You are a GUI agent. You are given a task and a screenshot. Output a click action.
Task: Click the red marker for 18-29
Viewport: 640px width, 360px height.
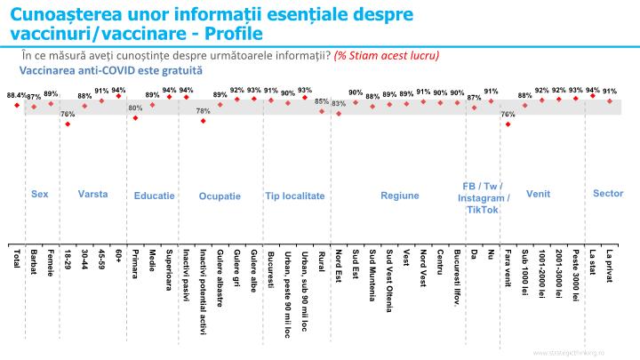68,124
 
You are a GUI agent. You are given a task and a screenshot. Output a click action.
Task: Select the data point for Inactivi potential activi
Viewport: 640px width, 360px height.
203,121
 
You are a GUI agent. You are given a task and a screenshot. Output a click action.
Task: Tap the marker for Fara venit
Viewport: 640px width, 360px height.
508,124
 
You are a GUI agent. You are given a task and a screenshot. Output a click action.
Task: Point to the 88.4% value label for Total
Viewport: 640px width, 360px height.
16,94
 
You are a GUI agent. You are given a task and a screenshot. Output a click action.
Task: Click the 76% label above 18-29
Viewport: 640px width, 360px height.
68,114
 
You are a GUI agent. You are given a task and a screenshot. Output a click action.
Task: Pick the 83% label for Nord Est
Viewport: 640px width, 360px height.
338,103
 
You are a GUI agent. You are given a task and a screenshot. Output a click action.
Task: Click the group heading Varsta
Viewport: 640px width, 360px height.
92,193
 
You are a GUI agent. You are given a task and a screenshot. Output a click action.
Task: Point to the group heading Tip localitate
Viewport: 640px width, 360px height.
294,196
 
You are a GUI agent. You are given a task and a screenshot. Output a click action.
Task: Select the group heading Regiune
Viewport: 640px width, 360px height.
399,195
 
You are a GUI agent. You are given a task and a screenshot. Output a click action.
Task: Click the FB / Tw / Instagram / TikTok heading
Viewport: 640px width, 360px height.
483,197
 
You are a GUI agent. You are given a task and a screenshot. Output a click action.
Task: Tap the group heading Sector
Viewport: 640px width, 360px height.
608,193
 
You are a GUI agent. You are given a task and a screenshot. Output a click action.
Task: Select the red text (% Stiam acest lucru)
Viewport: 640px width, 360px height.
387,55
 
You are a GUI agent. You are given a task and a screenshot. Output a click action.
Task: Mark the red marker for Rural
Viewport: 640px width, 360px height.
321,111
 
